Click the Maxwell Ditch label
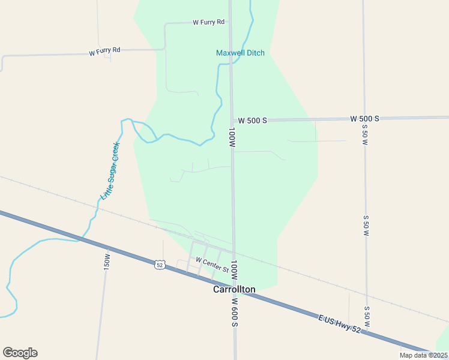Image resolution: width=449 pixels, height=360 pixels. pos(240,53)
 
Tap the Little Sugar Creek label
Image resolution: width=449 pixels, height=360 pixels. pos(110,170)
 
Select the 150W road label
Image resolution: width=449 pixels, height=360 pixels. pos(107,261)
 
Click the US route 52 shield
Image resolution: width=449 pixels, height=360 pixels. pos(159,265)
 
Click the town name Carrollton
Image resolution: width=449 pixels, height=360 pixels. pos(234,289)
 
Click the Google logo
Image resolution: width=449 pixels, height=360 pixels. pos(20,352)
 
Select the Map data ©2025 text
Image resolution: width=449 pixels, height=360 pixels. pos(423,355)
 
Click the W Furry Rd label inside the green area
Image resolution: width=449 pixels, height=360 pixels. pos(208,22)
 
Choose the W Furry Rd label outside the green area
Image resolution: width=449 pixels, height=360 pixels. pos(104,52)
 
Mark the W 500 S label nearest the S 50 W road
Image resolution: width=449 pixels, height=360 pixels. pos(365,118)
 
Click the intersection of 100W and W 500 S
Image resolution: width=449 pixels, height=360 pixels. pos(232,120)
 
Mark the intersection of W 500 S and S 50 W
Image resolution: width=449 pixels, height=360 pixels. pos(364,118)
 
